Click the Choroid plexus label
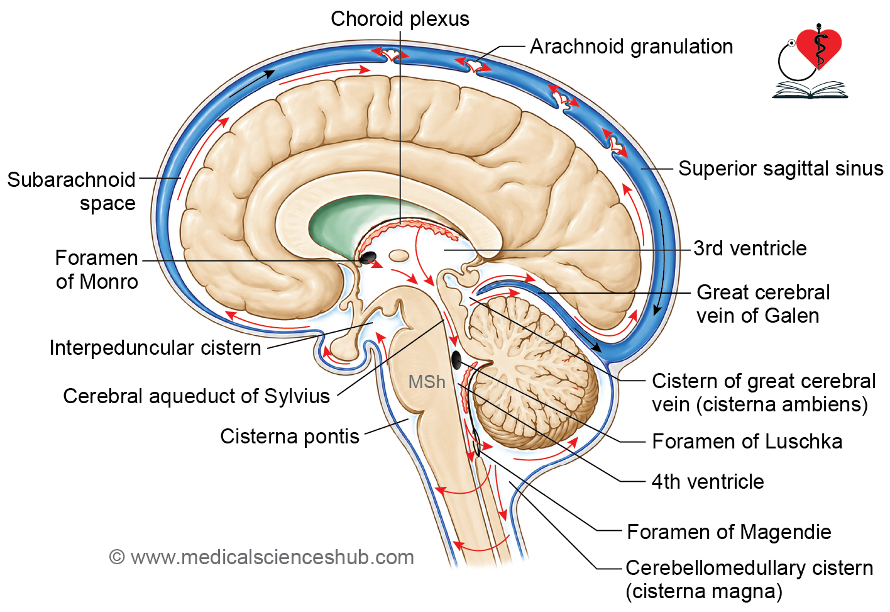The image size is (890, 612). coord(400,19)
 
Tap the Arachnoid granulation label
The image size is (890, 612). coord(631,47)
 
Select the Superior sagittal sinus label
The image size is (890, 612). coord(781,168)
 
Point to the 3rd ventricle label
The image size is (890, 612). coord(750,248)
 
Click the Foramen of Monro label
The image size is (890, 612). coord(97,270)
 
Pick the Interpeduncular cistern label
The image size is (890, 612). coord(155,348)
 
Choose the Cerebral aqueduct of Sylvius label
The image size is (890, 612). coord(197,396)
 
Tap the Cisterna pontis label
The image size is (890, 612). coord(290,437)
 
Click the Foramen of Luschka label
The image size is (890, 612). coord(747,442)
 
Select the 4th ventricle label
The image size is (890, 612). coord(708,482)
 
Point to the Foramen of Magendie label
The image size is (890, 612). coord(729,531)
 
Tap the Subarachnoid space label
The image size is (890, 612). coord(72,191)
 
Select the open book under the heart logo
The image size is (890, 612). coord(810,90)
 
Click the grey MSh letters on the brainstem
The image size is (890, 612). coord(427,382)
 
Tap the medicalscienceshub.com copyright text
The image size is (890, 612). coord(261,557)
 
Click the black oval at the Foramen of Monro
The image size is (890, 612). coord(368,257)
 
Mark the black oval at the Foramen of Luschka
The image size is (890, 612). coord(456,360)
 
